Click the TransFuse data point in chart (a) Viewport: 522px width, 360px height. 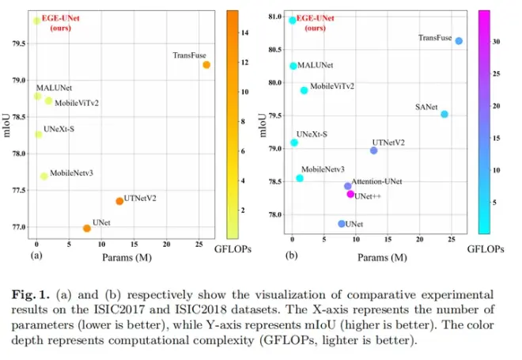206,65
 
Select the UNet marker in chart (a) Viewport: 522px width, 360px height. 87,228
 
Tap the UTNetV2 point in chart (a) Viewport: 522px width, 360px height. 119,201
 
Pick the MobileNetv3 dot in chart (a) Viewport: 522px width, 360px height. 44,176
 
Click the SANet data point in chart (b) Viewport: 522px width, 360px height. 444,114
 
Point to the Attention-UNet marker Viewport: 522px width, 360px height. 347,186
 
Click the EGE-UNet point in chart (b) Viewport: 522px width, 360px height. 293,20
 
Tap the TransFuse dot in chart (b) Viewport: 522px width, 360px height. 459,40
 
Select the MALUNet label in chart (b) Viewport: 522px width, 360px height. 315,66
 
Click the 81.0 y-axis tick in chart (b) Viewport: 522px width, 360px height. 274,17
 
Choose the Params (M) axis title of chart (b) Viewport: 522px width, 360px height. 382,258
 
